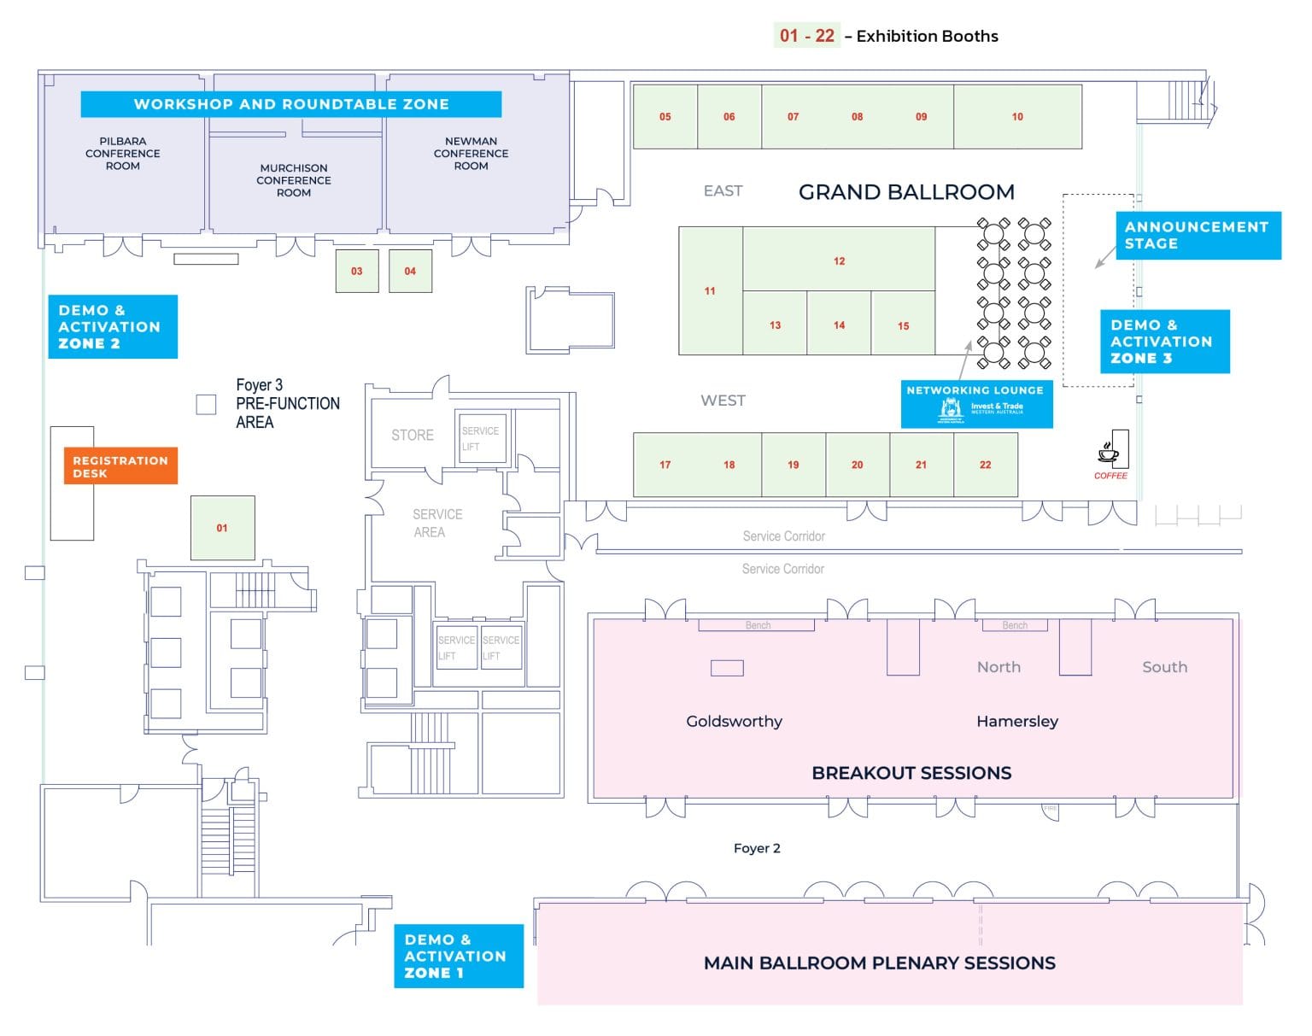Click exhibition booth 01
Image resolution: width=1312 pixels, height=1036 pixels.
[222, 528]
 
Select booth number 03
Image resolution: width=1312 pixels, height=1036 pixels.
[357, 271]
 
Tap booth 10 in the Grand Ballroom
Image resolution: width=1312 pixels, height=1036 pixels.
[1017, 116]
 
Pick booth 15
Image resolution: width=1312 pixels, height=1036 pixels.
[903, 325]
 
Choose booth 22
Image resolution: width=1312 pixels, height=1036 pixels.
[985, 465]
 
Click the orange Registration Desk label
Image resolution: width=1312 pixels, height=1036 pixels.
[120, 466]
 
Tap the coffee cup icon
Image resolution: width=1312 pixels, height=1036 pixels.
[1109, 453]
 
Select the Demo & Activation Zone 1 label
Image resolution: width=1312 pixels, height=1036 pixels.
[458, 956]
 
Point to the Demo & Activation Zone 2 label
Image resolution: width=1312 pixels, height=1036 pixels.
[112, 327]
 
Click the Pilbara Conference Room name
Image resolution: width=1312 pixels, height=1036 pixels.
[123, 154]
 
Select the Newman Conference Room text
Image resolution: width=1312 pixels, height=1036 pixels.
[471, 154]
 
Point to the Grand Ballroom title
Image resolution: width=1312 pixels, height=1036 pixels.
[906, 192]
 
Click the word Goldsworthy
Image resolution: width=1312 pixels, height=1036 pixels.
[734, 721]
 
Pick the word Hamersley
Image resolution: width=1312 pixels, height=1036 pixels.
[1016, 721]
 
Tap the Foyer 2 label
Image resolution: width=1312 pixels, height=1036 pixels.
[757, 848]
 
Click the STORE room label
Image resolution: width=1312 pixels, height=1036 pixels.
[413, 435]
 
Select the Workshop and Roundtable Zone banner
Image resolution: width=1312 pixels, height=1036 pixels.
[291, 104]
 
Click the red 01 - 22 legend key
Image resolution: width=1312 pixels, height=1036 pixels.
[806, 35]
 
